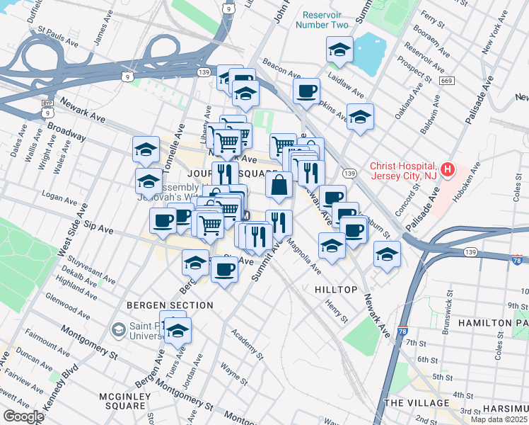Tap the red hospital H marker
446,169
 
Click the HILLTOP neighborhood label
335,290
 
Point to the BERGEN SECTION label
170,305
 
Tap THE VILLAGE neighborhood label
417,402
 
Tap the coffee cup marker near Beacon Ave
306,91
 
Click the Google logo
23,416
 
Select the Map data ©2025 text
498,419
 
